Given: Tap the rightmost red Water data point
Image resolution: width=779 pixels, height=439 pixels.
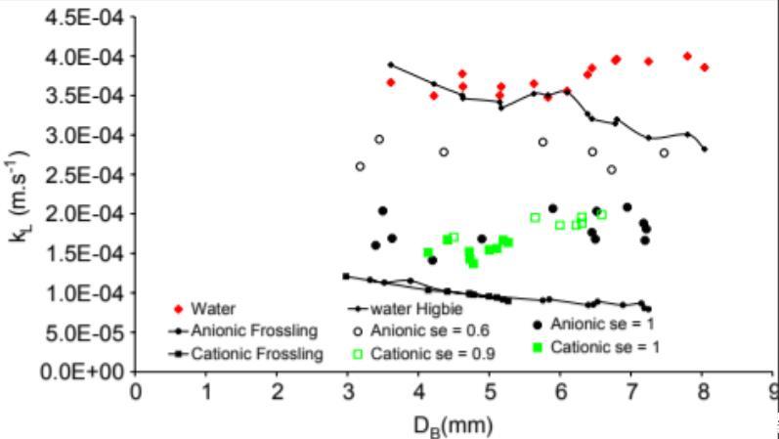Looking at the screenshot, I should click(x=704, y=67).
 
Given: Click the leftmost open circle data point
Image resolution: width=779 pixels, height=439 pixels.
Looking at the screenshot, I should click(x=360, y=166).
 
